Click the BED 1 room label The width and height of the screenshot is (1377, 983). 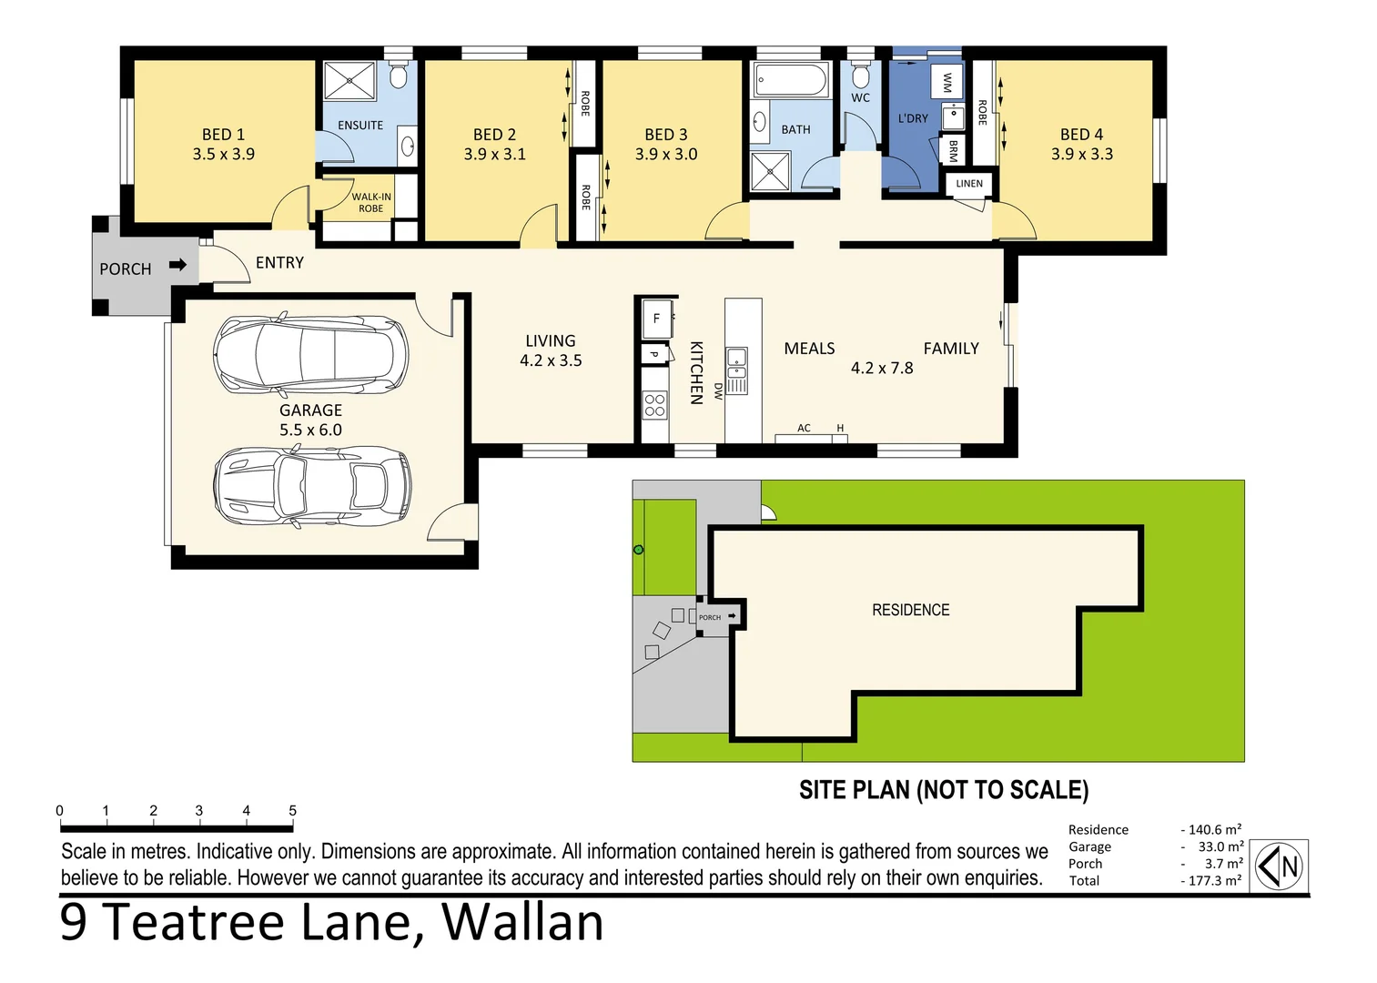[x=223, y=135]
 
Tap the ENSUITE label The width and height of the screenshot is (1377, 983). [x=360, y=126]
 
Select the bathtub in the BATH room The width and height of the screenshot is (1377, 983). [x=791, y=81]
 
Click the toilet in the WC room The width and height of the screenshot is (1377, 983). [x=860, y=74]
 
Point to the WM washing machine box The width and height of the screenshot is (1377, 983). [x=947, y=83]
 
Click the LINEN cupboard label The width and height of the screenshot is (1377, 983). [x=969, y=184]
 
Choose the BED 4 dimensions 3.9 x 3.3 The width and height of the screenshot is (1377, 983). [x=1081, y=155]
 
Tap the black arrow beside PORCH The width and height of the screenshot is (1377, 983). [x=177, y=265]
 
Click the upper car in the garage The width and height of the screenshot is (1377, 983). [x=310, y=354]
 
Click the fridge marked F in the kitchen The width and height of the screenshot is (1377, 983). [x=656, y=319]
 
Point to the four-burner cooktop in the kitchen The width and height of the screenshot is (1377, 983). [x=654, y=405]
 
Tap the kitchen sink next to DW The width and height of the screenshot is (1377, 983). [x=736, y=364]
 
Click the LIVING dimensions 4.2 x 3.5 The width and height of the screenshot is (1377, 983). [x=551, y=360]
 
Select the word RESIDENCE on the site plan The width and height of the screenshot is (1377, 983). [x=910, y=610]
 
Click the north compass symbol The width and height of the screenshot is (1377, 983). [x=1280, y=866]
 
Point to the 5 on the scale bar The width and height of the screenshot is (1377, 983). [x=292, y=810]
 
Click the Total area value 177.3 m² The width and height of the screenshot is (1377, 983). [x=1214, y=880]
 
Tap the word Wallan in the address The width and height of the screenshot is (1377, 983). [x=522, y=922]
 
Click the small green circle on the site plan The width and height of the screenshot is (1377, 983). [x=638, y=550]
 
